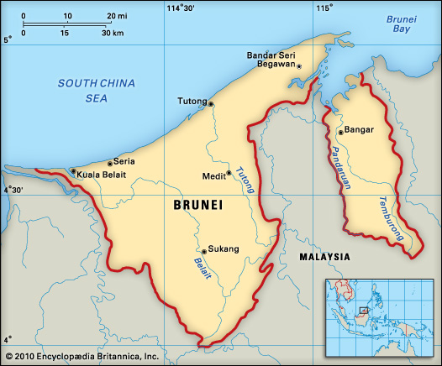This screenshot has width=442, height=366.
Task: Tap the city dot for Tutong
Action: click(x=211, y=104)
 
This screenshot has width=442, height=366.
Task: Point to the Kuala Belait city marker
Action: click(x=73, y=171)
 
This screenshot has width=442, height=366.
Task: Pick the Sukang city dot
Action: click(x=203, y=250)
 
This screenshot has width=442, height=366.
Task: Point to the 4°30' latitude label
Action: click(x=13, y=191)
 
